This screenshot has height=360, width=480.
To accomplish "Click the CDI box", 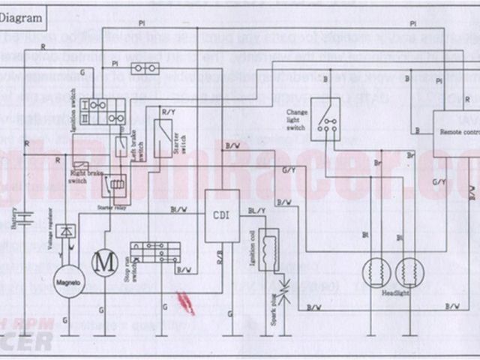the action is point(222,216).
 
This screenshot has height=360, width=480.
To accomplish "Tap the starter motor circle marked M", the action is point(105,263).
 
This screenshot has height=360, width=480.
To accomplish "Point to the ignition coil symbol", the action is point(268,249).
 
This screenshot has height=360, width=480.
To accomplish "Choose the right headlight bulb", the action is point(411,273).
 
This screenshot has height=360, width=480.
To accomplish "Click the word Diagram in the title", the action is point(22,21).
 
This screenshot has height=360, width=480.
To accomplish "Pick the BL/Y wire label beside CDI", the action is point(256,211).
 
